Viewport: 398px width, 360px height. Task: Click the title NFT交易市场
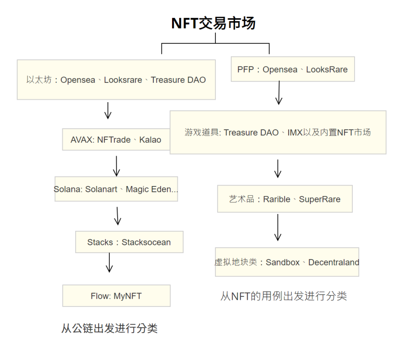pos(213,23)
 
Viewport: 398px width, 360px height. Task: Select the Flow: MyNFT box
pos(117,296)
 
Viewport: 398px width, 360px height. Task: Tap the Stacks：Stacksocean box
pos(129,242)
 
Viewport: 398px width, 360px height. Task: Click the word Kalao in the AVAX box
pos(150,140)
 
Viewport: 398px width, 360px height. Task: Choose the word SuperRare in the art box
pos(319,200)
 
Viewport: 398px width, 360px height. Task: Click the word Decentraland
pos(334,262)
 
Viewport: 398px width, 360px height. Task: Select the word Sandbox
pos(282,262)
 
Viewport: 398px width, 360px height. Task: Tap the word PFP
pos(245,69)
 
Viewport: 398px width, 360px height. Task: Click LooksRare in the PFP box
pos(327,69)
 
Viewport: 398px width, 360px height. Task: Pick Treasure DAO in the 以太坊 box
pos(178,80)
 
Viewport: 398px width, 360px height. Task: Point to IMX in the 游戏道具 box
pos(295,133)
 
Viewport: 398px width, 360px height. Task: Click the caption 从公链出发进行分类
pos(109,328)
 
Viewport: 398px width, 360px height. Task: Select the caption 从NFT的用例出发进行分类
pos(283,296)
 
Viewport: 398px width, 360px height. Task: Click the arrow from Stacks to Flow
pos(109,263)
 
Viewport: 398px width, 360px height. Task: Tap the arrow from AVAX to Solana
pos(117,166)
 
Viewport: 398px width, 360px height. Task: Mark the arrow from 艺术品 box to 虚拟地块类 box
pos(278,227)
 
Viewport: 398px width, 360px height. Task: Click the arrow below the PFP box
pos(279,93)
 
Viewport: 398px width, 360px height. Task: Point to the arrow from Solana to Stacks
pos(117,216)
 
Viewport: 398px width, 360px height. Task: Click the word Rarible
pos(277,200)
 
